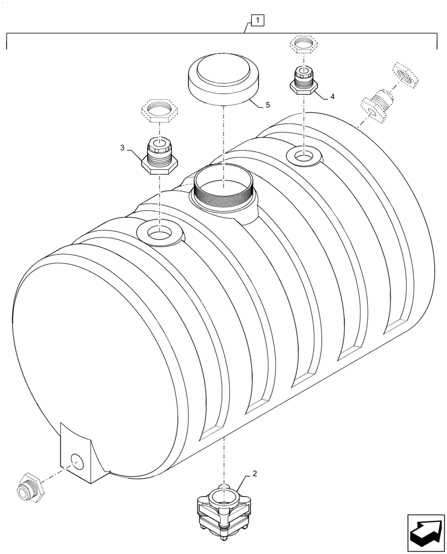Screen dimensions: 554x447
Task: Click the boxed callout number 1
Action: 258,21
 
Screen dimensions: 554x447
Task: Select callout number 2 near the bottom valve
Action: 254,474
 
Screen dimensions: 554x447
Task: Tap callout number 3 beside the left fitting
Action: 122,148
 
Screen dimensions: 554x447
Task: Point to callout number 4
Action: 332,96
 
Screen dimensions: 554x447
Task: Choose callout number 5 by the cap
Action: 268,104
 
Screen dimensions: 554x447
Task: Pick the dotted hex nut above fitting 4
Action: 303,44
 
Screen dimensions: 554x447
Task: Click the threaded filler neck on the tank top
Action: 224,191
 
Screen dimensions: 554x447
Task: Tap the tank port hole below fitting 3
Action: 159,233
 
